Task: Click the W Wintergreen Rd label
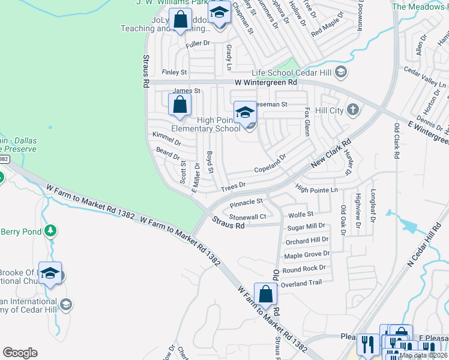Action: pyautogui.click(x=265, y=82)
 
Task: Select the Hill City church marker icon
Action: pyautogui.click(x=353, y=110)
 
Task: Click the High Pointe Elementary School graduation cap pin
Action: pyautogui.click(x=245, y=112)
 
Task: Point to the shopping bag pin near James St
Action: pyautogui.click(x=180, y=106)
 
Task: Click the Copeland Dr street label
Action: pyautogui.click(x=271, y=163)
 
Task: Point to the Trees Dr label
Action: pyautogui.click(x=234, y=187)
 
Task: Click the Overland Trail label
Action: pyautogui.click(x=303, y=282)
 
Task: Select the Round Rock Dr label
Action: pyautogui.click(x=304, y=269)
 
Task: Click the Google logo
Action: pyautogui.click(x=20, y=353)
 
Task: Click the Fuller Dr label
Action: pyautogui.click(x=198, y=43)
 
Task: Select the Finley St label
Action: pyautogui.click(x=175, y=72)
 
